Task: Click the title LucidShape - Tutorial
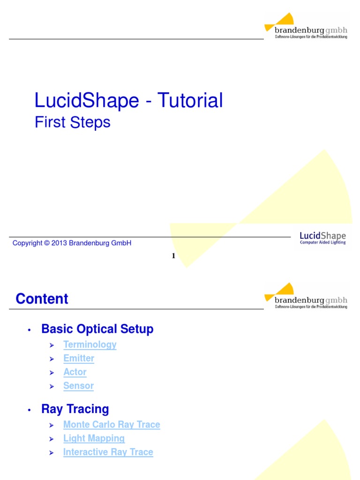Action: (x=128, y=101)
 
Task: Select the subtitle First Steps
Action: (x=73, y=122)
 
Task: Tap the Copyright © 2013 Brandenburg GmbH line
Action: (x=72, y=243)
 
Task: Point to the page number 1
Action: (x=173, y=255)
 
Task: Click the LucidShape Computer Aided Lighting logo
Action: (x=322, y=238)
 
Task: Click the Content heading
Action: (x=42, y=299)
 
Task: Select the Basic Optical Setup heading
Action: (x=97, y=329)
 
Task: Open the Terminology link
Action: (x=90, y=345)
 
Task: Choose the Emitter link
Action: (x=79, y=359)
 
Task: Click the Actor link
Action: (x=75, y=372)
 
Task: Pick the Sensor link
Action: (x=79, y=386)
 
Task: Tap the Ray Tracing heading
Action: (x=75, y=409)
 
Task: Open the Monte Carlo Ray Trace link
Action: (x=112, y=425)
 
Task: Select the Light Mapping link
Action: (x=94, y=439)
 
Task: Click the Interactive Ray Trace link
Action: (x=108, y=452)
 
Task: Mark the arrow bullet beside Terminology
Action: (x=52, y=345)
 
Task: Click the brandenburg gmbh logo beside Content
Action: (x=307, y=296)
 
